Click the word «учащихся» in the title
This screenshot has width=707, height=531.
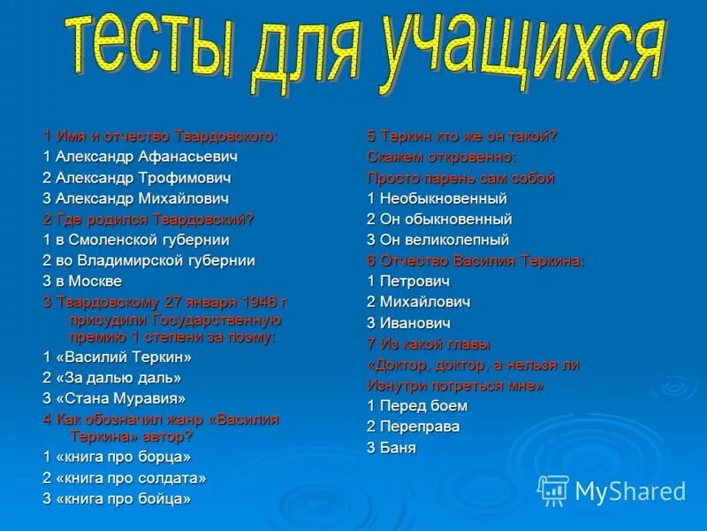point(521,55)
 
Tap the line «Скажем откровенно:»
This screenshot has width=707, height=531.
point(441,157)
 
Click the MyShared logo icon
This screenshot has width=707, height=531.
point(554,489)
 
